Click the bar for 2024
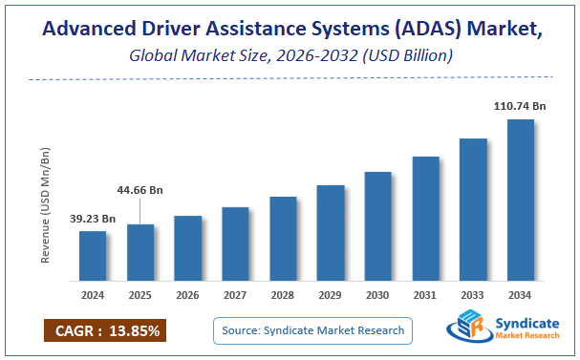(93, 256)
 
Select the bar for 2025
(140, 253)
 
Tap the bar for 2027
(235, 244)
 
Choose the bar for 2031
(425, 219)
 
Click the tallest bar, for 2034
(520, 201)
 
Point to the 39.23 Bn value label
(93, 219)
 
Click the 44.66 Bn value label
(140, 190)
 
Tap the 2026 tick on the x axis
(188, 295)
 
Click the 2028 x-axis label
(283, 295)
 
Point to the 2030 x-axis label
(377, 295)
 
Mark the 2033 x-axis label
(473, 295)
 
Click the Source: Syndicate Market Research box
(311, 330)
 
